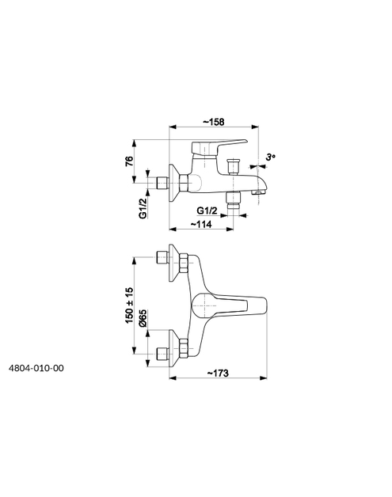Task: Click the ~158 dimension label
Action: click(x=214, y=122)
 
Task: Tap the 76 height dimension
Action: click(x=129, y=161)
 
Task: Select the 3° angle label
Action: click(x=271, y=157)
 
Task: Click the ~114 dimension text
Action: click(x=201, y=224)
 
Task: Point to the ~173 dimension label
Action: click(x=218, y=373)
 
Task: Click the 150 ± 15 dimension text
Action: click(x=129, y=305)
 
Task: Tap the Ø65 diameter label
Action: click(x=143, y=318)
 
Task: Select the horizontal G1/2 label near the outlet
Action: click(x=207, y=211)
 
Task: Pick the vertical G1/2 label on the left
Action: click(x=143, y=208)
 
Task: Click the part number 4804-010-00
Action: click(x=36, y=368)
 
